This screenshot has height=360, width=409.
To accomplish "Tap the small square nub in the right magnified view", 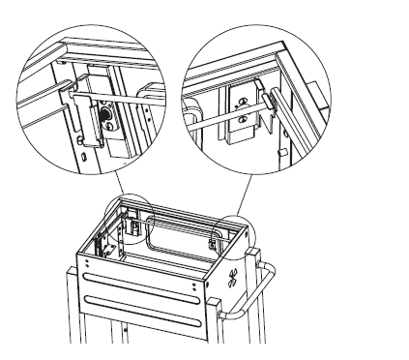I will [x=279, y=151].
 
